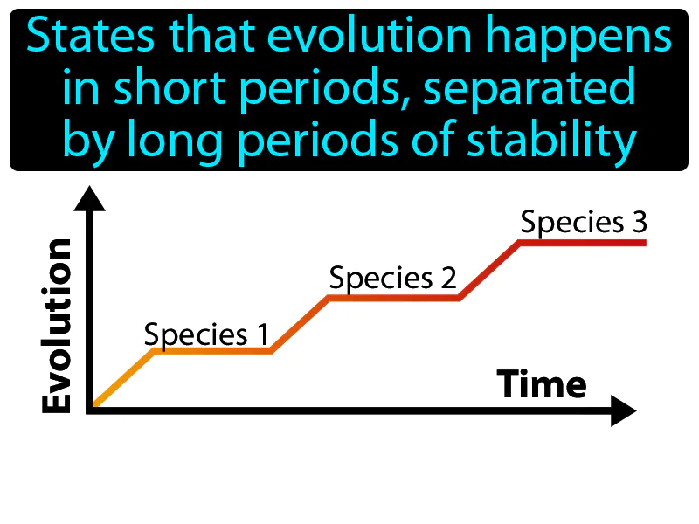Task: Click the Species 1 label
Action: pyautogui.click(x=206, y=334)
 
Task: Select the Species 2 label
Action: pyautogui.click(x=393, y=279)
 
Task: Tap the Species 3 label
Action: pyautogui.click(x=584, y=223)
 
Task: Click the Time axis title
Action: pyautogui.click(x=542, y=384)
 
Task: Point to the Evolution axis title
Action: pyautogui.click(x=58, y=326)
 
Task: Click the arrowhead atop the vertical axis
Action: pyautogui.click(x=89, y=198)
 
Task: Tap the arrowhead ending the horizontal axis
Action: pyautogui.click(x=623, y=410)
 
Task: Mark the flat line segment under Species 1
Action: pyautogui.click(x=213, y=351)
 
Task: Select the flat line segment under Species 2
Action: pyautogui.click(x=393, y=298)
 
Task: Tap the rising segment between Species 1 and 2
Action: pyautogui.click(x=300, y=324)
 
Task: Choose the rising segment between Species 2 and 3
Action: pyautogui.click(x=490, y=270)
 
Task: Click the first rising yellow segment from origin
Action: pyautogui.click(x=123, y=379)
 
